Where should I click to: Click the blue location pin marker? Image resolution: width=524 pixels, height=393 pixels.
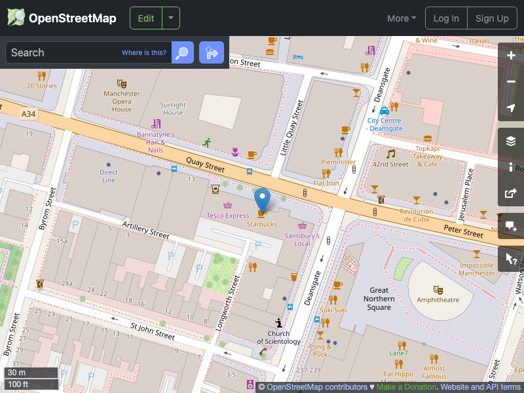262,198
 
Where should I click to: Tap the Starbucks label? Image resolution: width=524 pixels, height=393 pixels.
262,224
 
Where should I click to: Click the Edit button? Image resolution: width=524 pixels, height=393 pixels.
146,18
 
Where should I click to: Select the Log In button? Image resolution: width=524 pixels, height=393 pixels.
446,18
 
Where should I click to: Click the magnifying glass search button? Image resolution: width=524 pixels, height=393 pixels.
183,52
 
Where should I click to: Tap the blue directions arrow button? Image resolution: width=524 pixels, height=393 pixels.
212,52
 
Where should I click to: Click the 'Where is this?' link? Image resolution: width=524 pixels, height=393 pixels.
144,53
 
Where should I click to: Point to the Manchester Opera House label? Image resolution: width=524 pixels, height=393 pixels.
122,102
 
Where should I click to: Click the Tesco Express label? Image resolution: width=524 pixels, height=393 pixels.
228,215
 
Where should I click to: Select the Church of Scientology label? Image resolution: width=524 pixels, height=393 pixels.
279,337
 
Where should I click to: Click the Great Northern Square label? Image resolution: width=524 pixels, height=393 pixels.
379,299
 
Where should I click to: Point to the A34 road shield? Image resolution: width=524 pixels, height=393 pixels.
28,114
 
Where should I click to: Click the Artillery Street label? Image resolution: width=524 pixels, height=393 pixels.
146,229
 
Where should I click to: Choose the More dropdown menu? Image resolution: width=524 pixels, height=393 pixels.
402,18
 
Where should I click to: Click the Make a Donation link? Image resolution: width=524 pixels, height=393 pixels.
407,387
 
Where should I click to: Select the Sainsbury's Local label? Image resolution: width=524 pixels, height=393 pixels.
302,239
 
